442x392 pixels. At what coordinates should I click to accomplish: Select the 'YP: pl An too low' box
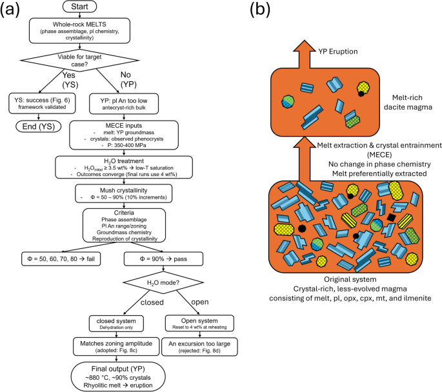pos(121,103)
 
